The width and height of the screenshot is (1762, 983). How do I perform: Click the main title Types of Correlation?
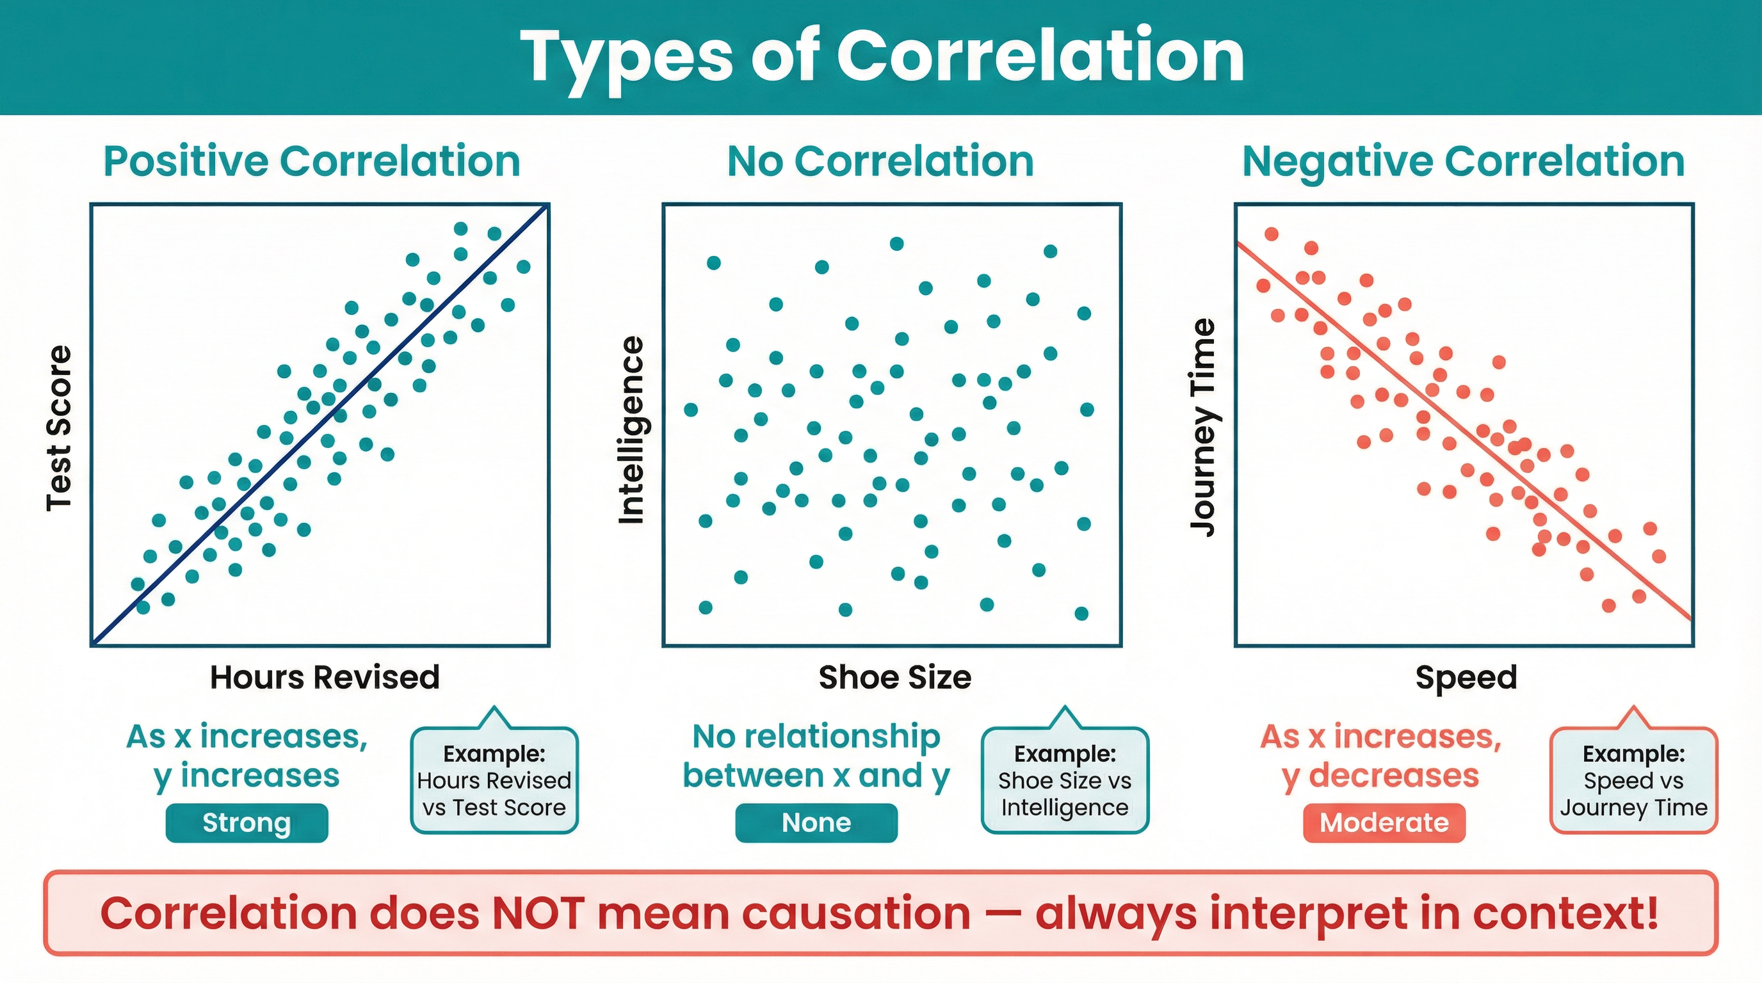(x=882, y=58)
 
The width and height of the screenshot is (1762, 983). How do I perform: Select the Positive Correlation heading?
(x=312, y=162)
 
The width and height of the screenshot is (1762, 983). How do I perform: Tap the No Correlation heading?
(x=880, y=162)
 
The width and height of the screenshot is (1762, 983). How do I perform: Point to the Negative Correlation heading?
(x=1463, y=162)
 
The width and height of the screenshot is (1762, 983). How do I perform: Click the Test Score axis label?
(x=59, y=429)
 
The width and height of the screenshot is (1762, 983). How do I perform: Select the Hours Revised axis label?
(x=324, y=678)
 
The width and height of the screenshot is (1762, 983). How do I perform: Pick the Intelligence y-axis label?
(x=631, y=431)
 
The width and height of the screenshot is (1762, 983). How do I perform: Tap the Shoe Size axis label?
(x=894, y=678)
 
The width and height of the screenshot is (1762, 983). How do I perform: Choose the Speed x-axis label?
(x=1466, y=678)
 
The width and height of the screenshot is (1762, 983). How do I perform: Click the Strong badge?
(x=247, y=822)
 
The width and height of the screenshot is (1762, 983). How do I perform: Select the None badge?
(x=816, y=822)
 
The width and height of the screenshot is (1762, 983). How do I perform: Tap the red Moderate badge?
(x=1384, y=822)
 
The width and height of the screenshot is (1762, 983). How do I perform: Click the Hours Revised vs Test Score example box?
(x=494, y=781)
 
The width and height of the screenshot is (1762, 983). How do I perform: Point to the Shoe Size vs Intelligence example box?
(x=1064, y=781)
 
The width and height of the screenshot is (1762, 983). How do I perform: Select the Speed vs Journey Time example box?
(x=1633, y=781)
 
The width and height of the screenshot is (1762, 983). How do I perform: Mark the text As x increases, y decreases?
(x=1380, y=756)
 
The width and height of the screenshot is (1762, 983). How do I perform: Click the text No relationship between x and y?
(x=816, y=756)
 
